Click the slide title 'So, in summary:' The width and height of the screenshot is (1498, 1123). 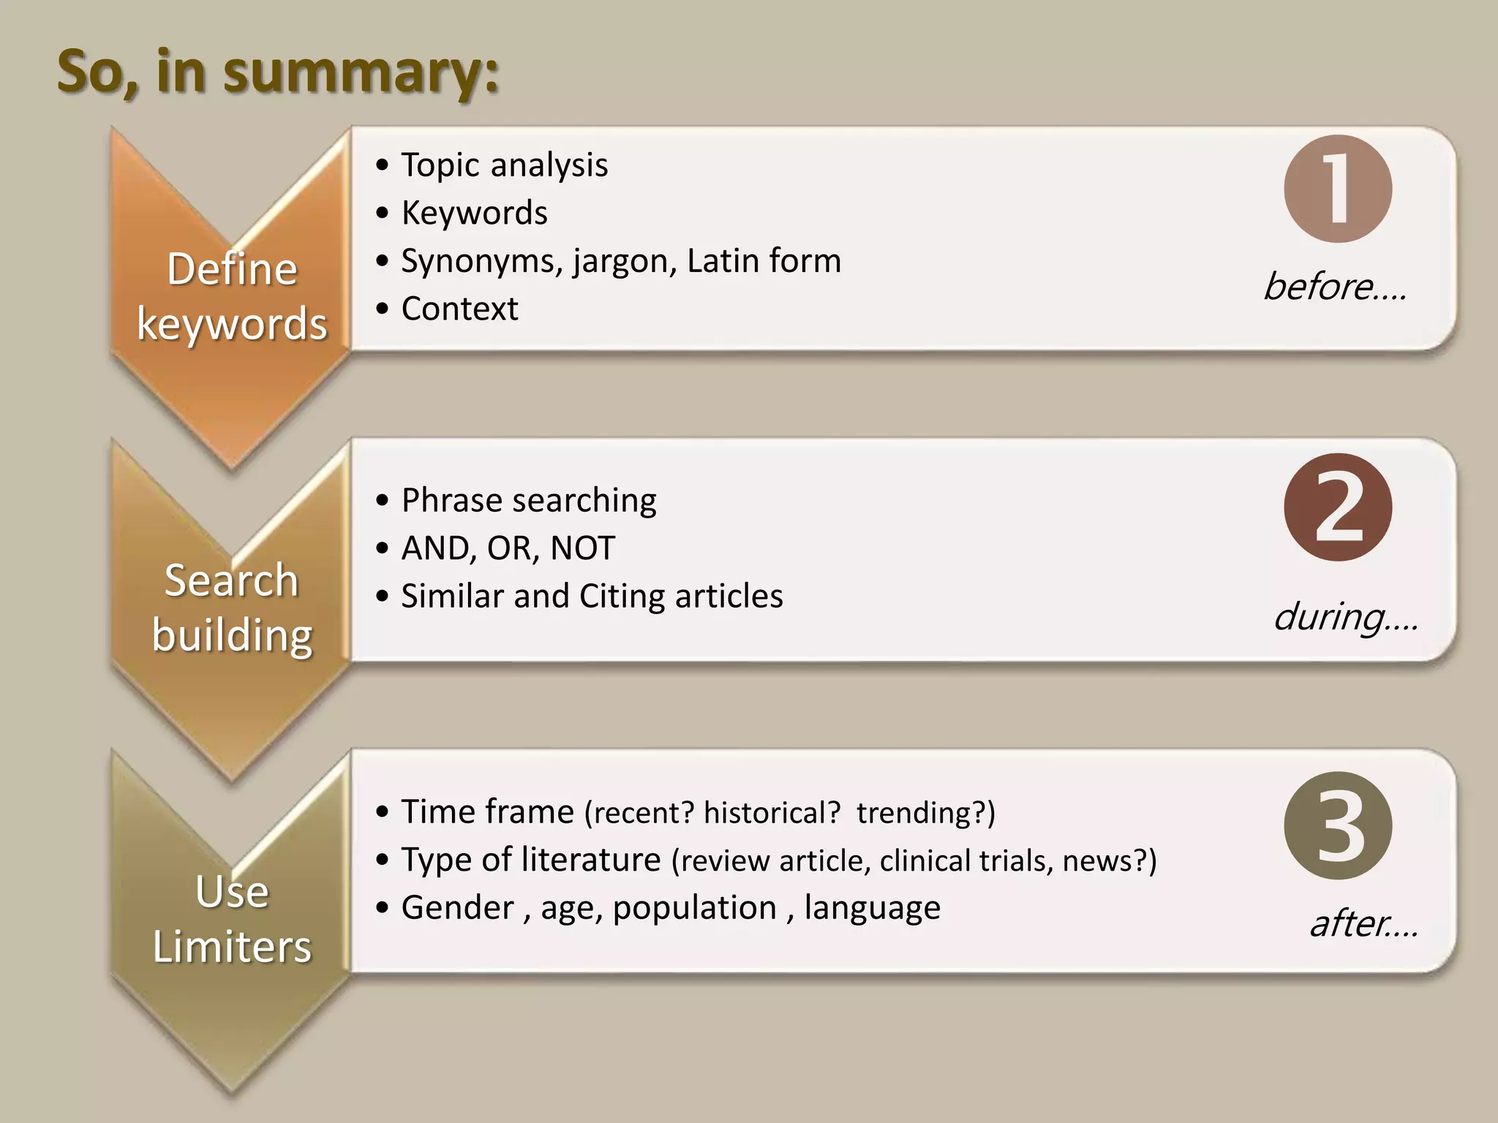pyautogui.click(x=278, y=73)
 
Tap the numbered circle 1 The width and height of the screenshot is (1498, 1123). pyautogui.click(x=1338, y=189)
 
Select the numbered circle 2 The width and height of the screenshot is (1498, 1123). pyautogui.click(x=1338, y=507)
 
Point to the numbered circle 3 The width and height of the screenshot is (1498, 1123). pyautogui.click(x=1338, y=826)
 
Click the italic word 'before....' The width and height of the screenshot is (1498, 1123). pyautogui.click(x=1335, y=287)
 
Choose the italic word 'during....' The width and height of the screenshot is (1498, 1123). pyautogui.click(x=1346, y=617)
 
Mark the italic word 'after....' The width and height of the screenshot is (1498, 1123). pyautogui.click(x=1364, y=923)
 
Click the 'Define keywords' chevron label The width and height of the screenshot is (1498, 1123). pyautogui.click(x=232, y=296)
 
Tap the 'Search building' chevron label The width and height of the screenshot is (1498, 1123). pyautogui.click(x=232, y=607)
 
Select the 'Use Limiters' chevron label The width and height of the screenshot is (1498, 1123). pyautogui.click(x=232, y=919)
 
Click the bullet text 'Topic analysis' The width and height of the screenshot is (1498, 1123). pyautogui.click(x=504, y=165)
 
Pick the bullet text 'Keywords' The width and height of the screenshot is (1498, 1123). pyautogui.click(x=474, y=213)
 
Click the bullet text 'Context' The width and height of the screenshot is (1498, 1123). pyautogui.click(x=459, y=309)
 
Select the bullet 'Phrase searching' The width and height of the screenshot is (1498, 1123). pyautogui.click(x=528, y=501)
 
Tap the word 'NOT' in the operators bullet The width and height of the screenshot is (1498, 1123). pyautogui.click(x=582, y=548)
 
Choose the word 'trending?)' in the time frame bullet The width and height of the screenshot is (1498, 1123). pyautogui.click(x=926, y=813)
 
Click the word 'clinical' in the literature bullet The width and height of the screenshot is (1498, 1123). pyautogui.click(x=925, y=861)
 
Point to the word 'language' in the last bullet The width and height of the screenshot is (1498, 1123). pyautogui.click(x=872, y=908)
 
